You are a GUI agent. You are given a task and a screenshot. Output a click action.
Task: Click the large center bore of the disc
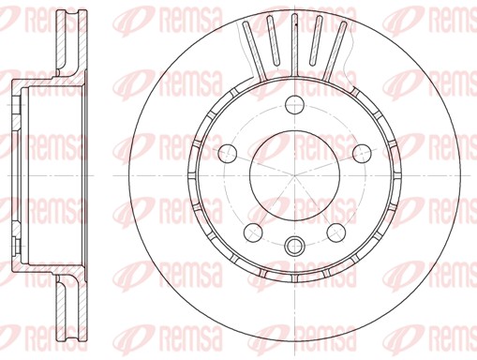point(294,175)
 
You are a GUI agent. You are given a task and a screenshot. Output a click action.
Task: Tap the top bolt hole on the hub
point(295,105)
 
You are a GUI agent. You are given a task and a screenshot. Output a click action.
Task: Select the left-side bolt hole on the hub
point(228,154)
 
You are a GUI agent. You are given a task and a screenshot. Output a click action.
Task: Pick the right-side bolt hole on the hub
point(362,154)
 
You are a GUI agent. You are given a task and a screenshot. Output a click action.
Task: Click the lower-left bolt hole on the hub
point(253,232)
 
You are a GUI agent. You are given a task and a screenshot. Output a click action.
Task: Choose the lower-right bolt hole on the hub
point(336,232)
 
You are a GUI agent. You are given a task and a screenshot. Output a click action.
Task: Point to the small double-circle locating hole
point(294,245)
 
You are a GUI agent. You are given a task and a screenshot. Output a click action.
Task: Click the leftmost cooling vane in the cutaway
point(254,50)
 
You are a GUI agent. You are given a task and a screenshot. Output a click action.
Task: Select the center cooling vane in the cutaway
point(294,45)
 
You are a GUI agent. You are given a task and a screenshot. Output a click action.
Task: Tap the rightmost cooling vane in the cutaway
point(335,50)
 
